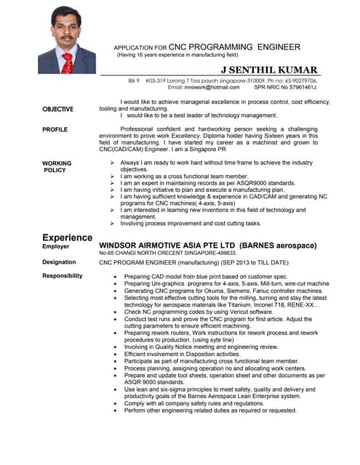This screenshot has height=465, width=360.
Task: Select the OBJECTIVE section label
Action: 57,109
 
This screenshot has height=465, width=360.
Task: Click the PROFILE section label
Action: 55,129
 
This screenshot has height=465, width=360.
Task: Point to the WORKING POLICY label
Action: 56,166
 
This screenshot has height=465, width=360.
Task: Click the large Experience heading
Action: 67,238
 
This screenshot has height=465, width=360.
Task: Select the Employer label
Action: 57,247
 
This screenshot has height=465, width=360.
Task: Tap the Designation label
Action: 59,262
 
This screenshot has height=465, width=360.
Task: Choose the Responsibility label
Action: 62,275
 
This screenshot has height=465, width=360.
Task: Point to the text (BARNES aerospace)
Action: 277,246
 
